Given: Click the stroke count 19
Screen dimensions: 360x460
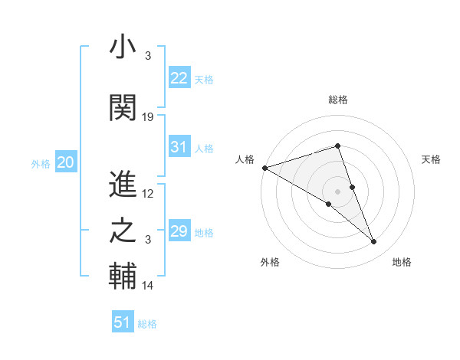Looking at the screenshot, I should [x=148, y=116].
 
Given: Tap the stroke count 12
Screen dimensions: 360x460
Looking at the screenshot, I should [x=148, y=194].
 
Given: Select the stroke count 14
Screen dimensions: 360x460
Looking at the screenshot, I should [x=148, y=286].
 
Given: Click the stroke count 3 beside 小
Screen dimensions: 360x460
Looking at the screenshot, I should [x=147, y=57].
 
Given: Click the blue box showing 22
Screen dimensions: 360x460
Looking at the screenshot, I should [x=179, y=78].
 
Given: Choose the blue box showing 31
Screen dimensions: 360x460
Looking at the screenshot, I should [x=179, y=147].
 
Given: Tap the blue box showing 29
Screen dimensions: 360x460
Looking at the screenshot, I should [x=179, y=231].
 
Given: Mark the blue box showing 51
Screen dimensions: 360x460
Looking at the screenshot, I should [x=123, y=322].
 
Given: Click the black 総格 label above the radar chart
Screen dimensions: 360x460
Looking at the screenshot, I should [x=337, y=100].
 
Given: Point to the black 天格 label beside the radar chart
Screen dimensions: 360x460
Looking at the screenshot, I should [x=432, y=159].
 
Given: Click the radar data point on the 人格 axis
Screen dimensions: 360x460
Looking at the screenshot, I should [x=264, y=168].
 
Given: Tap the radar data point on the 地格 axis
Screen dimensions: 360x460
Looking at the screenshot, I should [x=374, y=242].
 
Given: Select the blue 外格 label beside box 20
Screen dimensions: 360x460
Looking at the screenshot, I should [x=41, y=163].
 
